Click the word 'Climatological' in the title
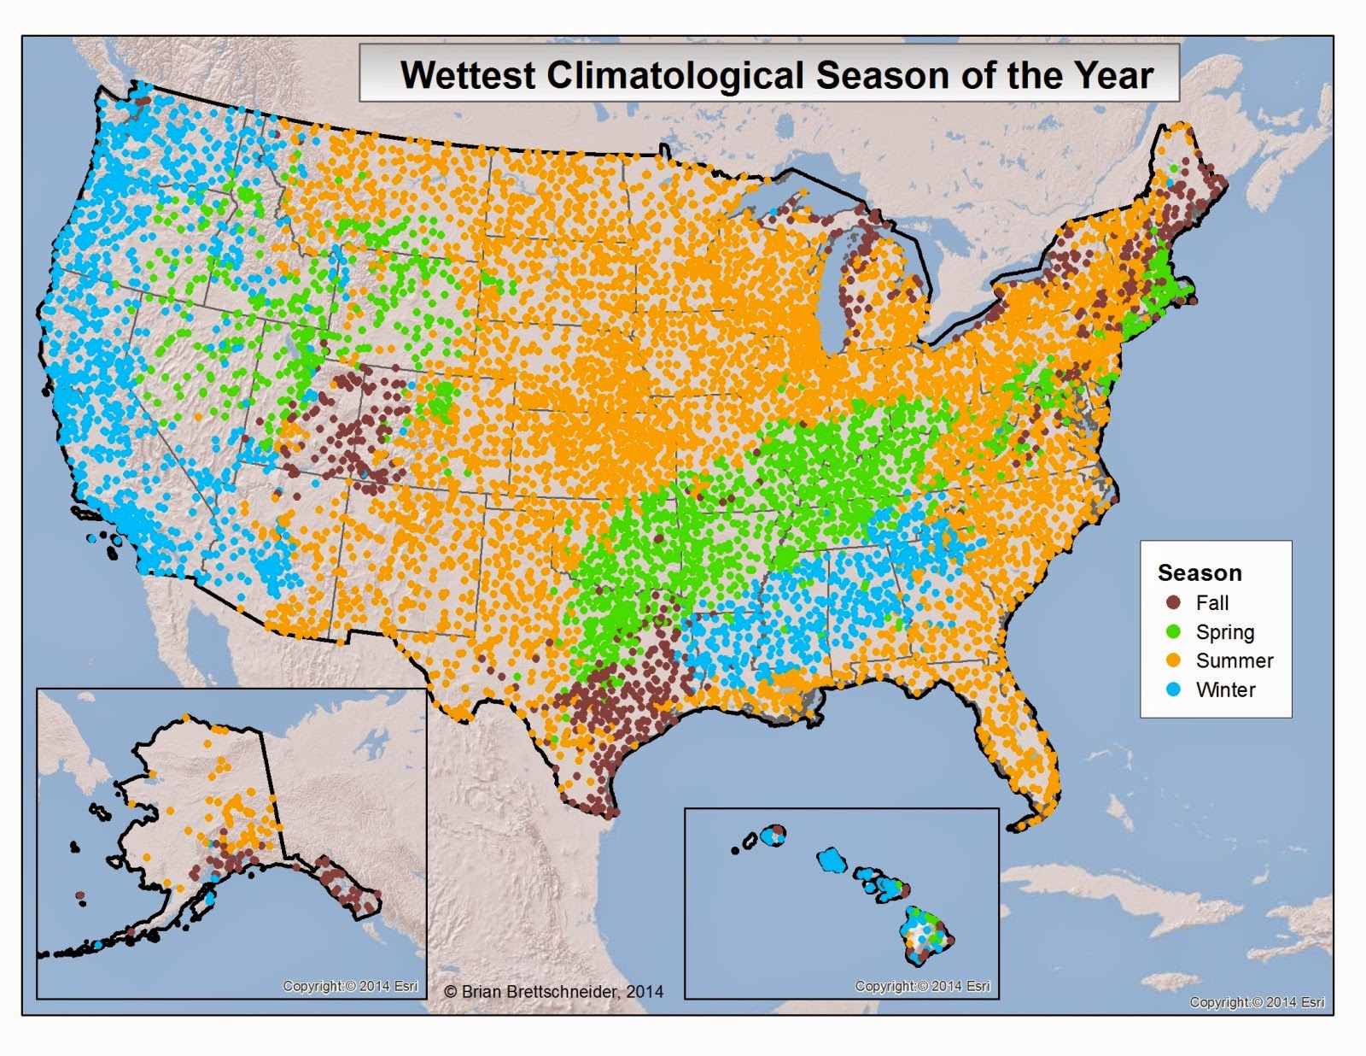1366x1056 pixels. coord(674,75)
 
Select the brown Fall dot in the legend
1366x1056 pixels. coord(1174,602)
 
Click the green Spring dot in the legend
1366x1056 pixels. coord(1174,631)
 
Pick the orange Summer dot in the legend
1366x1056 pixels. coord(1174,660)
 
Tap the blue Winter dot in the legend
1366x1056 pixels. coord(1174,689)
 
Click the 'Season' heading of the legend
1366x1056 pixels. coord(1199,572)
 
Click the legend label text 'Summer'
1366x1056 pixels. coord(1234,660)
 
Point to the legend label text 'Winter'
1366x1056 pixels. coord(1225,689)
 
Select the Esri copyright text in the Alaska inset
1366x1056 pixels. coord(350,986)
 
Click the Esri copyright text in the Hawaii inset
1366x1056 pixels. coord(922,986)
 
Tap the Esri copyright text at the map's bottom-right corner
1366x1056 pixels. coord(1257,1002)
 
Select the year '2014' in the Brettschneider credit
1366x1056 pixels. coord(645,991)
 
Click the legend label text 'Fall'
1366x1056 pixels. coord(1211,602)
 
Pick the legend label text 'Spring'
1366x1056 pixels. coord(1224,632)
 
